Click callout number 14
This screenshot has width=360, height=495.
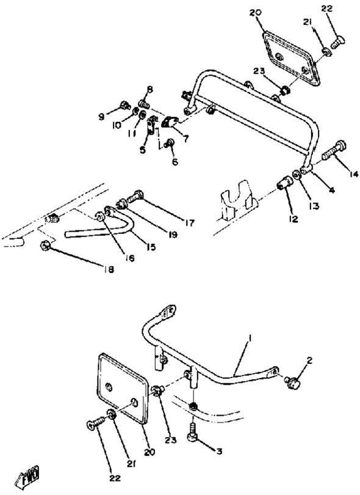tap(354, 174)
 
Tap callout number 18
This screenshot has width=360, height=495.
tap(108, 269)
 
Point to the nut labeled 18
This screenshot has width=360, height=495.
tap(45, 245)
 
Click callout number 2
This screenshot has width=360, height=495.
tap(310, 360)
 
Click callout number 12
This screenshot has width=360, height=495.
tap(293, 219)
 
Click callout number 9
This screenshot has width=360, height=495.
tap(101, 117)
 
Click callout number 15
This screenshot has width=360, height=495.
tap(151, 247)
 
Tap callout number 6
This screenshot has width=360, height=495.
tap(175, 162)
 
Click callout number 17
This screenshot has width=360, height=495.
tap(190, 223)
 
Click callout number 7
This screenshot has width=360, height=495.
tap(186, 138)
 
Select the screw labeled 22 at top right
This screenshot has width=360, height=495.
tap(338, 41)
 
